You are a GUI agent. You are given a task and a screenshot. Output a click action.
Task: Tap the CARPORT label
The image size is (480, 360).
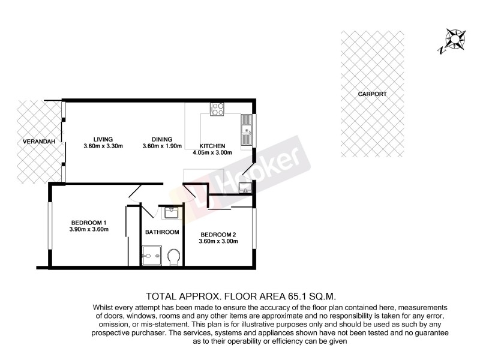coord(372,94)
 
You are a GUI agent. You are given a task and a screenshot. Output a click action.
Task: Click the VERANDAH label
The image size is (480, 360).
coord(35,142)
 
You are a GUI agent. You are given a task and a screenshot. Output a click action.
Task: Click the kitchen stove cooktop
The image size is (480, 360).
coord(217,109)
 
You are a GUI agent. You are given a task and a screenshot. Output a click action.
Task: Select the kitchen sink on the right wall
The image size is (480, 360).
coord(246,130)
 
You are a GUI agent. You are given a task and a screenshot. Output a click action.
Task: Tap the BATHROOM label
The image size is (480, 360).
coord(162,232)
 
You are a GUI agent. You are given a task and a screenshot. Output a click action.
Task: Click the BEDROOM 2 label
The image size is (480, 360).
coord(218,234)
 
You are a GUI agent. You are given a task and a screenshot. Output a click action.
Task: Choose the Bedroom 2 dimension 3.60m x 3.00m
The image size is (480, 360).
coord(218,242)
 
